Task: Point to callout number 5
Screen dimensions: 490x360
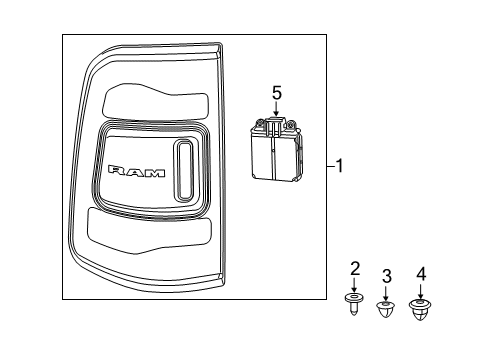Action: point(277,93)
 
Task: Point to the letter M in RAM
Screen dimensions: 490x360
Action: point(154,172)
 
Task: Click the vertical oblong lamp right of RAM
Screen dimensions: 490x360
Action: point(184,169)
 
